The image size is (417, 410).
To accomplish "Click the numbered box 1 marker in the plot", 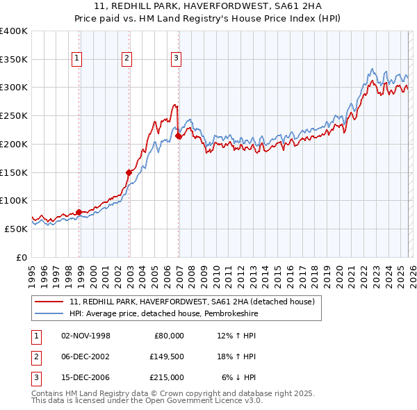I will click(76, 59).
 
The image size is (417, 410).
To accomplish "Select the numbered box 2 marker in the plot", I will click(126, 59).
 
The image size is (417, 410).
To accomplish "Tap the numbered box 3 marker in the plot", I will click(177, 59).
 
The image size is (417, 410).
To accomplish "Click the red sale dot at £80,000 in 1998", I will click(79, 212).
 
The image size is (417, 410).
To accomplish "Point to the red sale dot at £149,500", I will click(129, 172).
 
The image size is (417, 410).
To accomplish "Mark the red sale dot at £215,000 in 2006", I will click(179, 136).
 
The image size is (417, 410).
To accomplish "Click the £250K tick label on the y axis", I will click(14, 116).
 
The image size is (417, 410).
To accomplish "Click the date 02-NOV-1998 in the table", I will click(85, 336).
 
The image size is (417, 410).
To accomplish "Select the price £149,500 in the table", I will click(167, 356).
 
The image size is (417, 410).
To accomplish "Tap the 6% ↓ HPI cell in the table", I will click(239, 377).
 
